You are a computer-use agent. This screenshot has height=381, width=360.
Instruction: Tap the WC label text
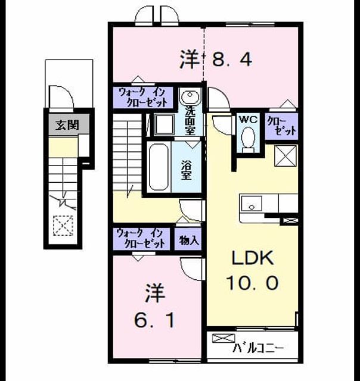248,120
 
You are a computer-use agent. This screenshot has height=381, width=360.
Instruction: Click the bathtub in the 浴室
159,167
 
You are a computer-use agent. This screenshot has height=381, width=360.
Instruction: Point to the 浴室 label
187,170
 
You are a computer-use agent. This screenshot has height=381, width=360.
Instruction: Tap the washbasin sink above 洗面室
190,96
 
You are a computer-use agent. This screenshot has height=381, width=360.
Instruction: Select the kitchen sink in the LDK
252,203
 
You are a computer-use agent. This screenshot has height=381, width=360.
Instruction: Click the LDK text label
253,258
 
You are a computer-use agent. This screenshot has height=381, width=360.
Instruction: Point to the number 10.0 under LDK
252,283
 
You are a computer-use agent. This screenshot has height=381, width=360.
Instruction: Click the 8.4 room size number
232,59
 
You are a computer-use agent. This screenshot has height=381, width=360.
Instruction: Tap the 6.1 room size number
154,320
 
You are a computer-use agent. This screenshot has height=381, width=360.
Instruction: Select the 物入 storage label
188,240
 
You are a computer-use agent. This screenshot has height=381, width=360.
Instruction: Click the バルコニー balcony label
258,348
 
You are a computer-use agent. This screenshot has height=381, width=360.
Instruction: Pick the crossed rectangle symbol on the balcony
224,339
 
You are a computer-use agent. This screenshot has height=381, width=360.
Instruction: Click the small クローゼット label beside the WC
282,126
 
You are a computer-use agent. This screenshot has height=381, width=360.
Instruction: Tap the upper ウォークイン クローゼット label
143,98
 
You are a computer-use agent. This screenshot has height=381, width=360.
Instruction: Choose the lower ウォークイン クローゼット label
141,238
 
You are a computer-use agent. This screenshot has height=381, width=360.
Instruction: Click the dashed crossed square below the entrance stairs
63,226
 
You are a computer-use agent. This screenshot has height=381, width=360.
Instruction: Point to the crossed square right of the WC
285,156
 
